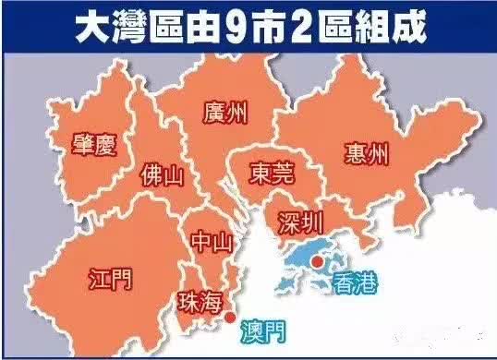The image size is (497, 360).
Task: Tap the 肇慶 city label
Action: click(93, 143)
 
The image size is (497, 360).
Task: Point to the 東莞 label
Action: click(273, 174)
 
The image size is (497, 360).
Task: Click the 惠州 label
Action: click(364, 152)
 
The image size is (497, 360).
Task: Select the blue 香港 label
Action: click(355, 282)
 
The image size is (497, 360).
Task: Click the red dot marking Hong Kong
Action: click(316, 262)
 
